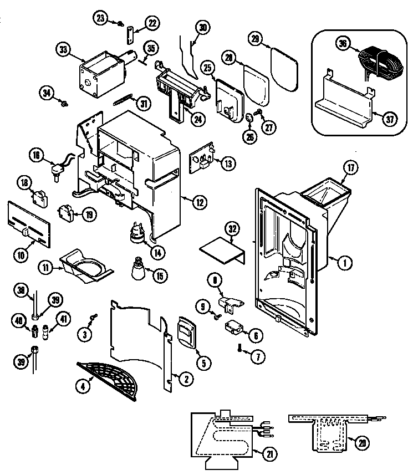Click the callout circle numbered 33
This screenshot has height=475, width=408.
pos(63,49)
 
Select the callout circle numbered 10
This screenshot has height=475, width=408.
pos(22,255)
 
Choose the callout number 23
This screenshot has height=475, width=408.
pos(100,18)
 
